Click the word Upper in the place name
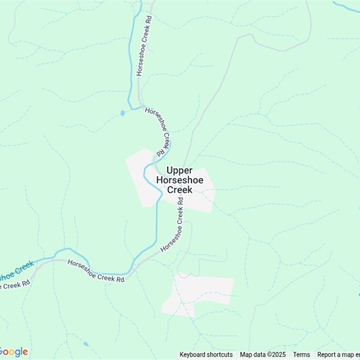coord(180,171)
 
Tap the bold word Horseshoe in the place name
coord(180,180)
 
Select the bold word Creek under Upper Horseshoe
coord(180,189)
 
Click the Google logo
coord(13,352)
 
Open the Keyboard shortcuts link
coord(206,355)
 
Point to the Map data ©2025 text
coord(263,355)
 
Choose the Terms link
coord(301,355)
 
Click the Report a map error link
coord(338,355)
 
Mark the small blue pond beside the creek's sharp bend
coord(122,113)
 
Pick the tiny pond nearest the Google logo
coord(86,344)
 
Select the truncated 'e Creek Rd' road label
coord(15,285)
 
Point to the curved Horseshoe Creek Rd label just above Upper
coord(158,128)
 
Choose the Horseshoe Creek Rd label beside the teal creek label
coord(95,271)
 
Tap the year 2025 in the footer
coord(279,355)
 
